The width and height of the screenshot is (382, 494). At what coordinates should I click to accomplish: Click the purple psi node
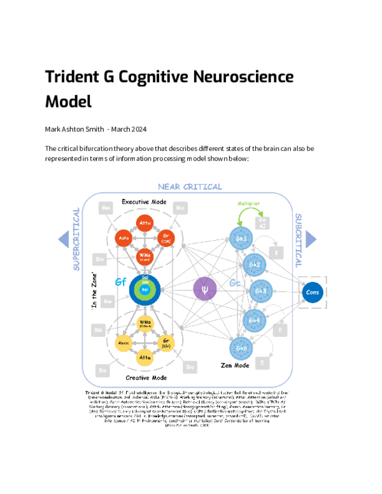204,289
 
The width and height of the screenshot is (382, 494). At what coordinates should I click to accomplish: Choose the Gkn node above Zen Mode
243,348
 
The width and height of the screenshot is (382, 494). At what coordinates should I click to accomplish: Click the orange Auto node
124,239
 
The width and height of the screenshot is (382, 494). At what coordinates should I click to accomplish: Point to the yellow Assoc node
124,344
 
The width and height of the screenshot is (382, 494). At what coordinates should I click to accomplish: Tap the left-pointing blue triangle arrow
63,239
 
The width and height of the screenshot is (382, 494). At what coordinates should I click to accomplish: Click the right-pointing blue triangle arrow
310,239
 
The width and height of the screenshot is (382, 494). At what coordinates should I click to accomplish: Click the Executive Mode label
144,202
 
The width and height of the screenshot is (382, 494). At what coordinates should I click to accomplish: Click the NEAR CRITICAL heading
190,187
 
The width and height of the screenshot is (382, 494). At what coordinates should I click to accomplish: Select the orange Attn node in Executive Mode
145,223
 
